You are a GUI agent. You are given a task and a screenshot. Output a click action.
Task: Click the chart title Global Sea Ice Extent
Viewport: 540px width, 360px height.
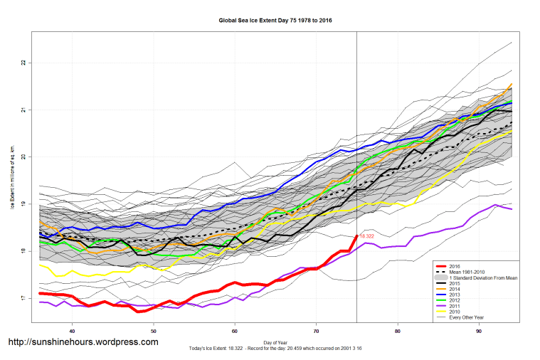275,21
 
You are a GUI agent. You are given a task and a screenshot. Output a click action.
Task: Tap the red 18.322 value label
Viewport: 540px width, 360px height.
367,235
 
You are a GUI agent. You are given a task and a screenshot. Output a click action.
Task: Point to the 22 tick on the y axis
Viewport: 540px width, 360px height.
23,63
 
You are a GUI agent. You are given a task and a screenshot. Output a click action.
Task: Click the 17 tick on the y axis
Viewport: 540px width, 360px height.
23,298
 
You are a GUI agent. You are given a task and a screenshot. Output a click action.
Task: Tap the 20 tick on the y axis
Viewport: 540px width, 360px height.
23,157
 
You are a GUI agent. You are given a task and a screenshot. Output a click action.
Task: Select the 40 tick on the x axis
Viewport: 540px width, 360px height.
72,332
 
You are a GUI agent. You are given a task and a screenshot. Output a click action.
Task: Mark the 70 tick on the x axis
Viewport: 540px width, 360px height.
316,332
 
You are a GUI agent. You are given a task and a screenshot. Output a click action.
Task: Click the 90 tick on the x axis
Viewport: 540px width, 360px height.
479,332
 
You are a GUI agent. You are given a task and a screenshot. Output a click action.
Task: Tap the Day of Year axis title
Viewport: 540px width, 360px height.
275,342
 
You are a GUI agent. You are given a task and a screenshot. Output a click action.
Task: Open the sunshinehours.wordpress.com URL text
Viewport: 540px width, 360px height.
83,342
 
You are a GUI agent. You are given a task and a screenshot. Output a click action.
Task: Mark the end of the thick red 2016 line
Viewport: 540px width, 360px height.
356,235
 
